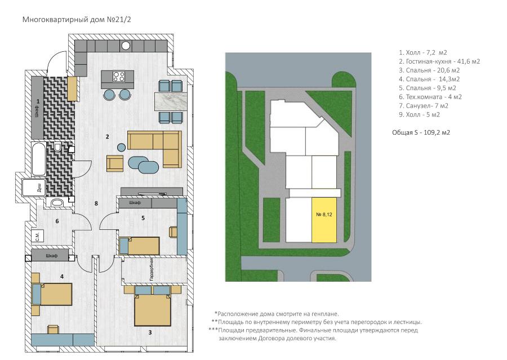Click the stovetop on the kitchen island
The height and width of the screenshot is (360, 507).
(119, 76)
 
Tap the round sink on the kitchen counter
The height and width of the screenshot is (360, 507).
(126, 46)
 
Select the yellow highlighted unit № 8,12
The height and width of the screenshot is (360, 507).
(324, 220)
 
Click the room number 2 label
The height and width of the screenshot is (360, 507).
(108, 136)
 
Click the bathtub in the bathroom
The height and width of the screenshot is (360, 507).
(39, 159)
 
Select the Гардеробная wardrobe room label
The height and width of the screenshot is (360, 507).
(152, 269)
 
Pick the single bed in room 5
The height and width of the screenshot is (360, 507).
(139, 246)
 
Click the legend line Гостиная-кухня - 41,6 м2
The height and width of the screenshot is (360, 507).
(439, 61)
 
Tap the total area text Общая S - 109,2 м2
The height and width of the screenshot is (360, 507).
(421, 132)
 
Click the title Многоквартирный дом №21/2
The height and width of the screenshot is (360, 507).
(77, 19)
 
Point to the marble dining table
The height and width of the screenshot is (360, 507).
(171, 101)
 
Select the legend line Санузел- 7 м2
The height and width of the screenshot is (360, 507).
(424, 106)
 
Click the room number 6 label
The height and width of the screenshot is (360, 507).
(57, 221)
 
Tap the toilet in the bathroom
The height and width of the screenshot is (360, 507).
(57, 147)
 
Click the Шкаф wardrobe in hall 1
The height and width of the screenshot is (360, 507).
(37, 108)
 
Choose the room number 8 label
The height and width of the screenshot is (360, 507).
(96, 203)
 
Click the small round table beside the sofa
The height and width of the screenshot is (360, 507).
(121, 148)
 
